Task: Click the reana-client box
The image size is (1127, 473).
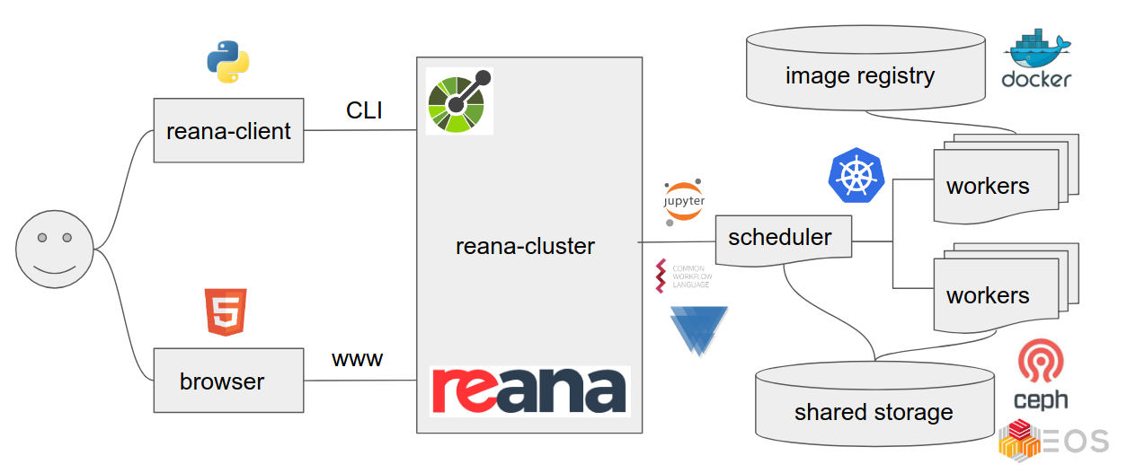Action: [x=228, y=131]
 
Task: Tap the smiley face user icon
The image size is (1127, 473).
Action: [x=55, y=250]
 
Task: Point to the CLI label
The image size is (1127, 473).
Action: [x=364, y=110]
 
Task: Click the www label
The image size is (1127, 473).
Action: [x=357, y=360]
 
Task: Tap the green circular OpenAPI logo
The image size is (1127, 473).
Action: [x=459, y=101]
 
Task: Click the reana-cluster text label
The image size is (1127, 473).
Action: [x=525, y=246]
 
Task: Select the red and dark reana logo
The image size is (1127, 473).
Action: [x=529, y=390]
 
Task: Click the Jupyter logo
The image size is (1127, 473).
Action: [x=684, y=202]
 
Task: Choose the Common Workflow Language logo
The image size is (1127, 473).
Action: [x=683, y=276]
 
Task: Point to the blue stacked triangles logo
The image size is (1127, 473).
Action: [x=698, y=329]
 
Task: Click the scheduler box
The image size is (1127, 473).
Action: [x=780, y=239]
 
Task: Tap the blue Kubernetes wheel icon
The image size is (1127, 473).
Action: [x=856, y=175]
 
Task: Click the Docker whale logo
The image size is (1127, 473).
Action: [x=1036, y=61]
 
